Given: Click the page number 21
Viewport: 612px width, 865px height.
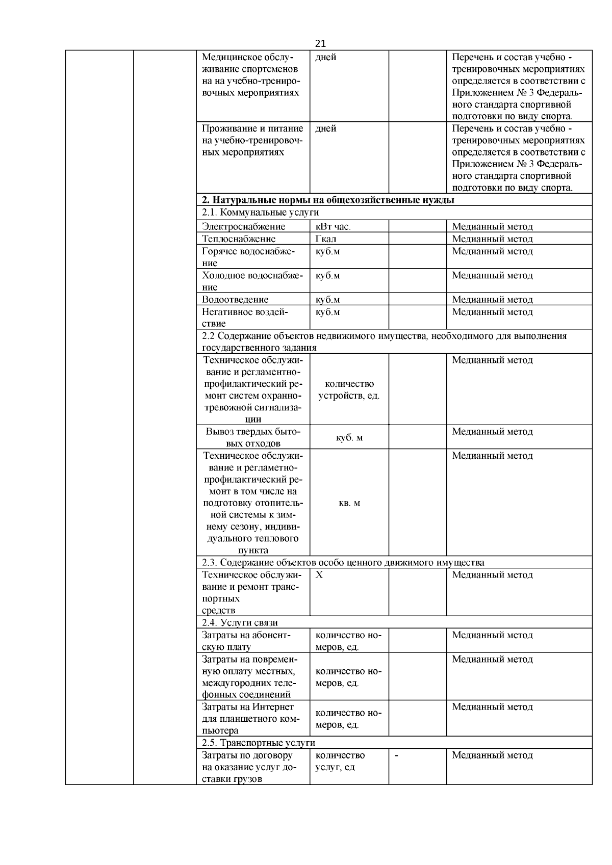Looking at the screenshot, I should (320, 43).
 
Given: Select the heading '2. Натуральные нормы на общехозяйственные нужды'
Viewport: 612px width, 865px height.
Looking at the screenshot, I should (328, 200).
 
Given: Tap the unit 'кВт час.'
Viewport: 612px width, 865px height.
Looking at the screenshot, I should (333, 226).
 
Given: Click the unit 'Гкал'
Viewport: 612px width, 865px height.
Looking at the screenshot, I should (326, 239).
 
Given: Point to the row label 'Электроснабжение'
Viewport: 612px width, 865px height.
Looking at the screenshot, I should (243, 226).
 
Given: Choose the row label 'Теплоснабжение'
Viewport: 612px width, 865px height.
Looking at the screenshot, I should (239, 239).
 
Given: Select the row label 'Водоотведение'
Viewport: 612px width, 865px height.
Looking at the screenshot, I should (235, 299).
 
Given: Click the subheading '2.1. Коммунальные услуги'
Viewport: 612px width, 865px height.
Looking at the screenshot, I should (260, 213).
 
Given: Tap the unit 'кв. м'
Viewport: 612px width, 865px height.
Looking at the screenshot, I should (349, 503).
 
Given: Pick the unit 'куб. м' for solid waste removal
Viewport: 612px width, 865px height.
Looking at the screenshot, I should (349, 437).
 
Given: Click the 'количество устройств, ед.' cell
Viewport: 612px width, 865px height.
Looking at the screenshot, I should (349, 390).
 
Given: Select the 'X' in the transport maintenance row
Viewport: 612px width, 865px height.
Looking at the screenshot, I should (319, 575).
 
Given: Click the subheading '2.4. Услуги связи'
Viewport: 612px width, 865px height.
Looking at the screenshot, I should (240, 622).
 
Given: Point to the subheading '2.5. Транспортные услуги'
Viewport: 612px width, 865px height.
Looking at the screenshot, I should (259, 743).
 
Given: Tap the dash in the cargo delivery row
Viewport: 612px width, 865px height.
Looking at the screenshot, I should (397, 755).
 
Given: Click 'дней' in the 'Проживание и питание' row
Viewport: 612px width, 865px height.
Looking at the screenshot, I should (326, 129).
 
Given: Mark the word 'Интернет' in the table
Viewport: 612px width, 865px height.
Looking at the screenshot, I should (275, 707).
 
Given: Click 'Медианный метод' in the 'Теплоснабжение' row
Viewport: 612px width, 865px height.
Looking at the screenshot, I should (492, 239).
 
